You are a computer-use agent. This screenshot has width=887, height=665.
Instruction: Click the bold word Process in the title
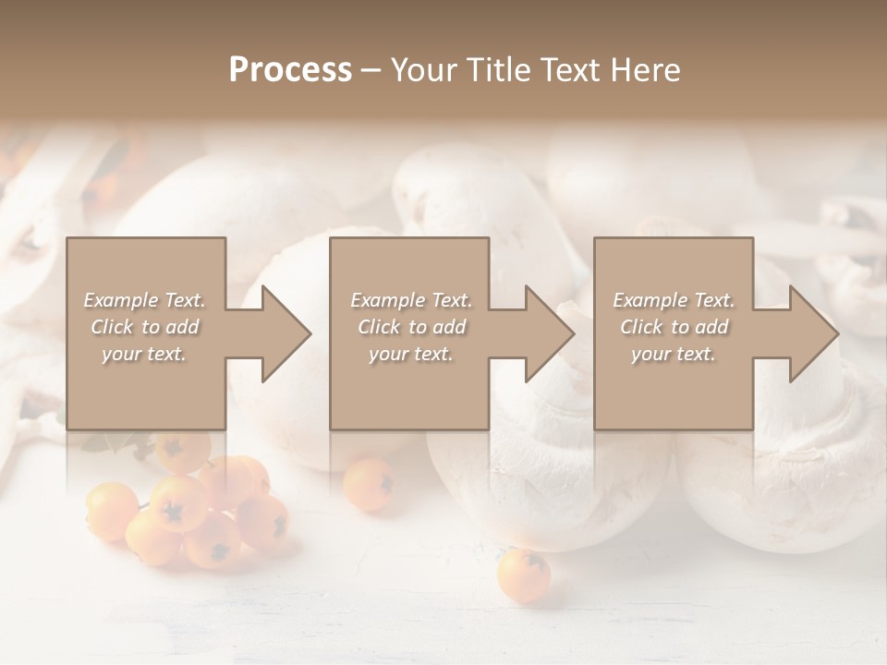(x=290, y=69)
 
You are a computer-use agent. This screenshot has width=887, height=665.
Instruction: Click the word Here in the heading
(x=647, y=69)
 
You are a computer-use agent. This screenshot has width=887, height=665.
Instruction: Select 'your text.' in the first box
(x=144, y=354)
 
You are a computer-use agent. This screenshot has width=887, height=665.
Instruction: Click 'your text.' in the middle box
(x=411, y=354)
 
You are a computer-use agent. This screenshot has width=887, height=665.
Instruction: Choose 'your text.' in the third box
(x=674, y=354)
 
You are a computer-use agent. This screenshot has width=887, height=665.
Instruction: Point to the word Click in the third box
(x=643, y=327)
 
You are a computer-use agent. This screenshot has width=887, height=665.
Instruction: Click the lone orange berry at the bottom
(x=523, y=575)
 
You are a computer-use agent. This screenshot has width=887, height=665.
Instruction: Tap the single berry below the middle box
(x=369, y=484)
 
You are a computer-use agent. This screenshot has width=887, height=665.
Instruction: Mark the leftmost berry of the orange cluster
(x=110, y=511)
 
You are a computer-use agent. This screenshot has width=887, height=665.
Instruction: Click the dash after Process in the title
(x=371, y=70)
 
